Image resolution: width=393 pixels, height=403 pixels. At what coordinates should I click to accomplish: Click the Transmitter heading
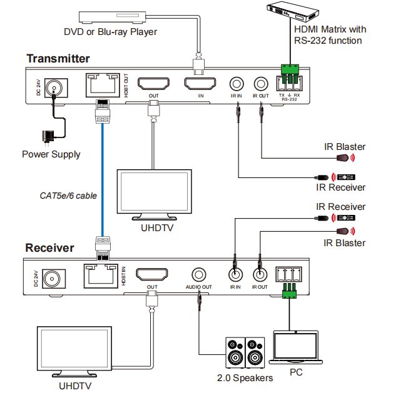click(x=58, y=59)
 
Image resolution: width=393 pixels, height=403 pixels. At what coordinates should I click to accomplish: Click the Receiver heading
click(x=49, y=248)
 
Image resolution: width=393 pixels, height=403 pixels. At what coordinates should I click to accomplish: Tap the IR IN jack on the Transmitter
click(x=237, y=83)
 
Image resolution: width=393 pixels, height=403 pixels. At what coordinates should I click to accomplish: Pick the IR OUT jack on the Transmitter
click(x=260, y=83)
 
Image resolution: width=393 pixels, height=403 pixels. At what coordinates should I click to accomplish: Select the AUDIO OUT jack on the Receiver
click(x=199, y=274)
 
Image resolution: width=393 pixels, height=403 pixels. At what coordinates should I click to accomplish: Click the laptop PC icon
click(x=295, y=348)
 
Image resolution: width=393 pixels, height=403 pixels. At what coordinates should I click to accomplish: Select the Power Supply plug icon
click(x=46, y=137)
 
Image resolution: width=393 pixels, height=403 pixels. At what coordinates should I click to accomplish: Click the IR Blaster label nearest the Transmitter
click(x=344, y=147)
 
